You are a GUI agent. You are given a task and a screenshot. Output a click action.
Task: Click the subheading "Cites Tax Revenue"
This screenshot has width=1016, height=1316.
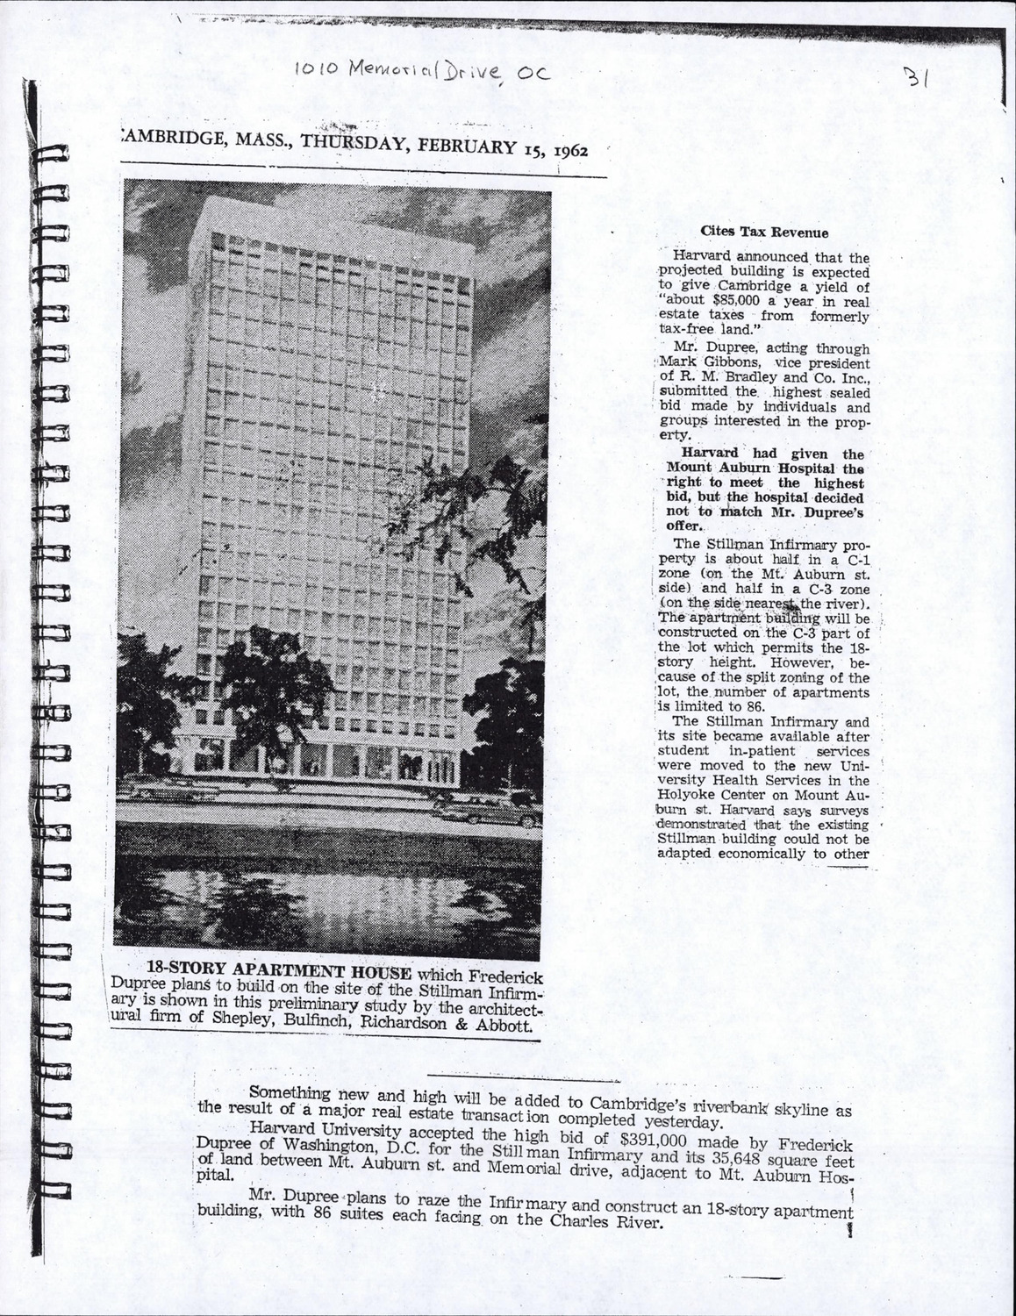point(763,232)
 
